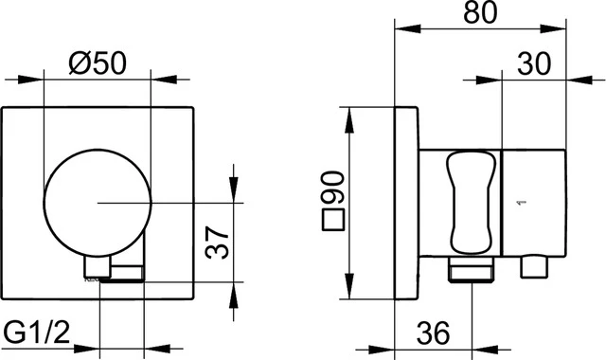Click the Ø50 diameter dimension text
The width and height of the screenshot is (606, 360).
click(x=98, y=63)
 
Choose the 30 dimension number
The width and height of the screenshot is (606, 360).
click(x=536, y=64)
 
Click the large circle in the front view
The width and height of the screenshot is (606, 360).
click(x=97, y=201)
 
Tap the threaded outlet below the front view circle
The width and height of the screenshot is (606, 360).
click(x=121, y=275)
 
